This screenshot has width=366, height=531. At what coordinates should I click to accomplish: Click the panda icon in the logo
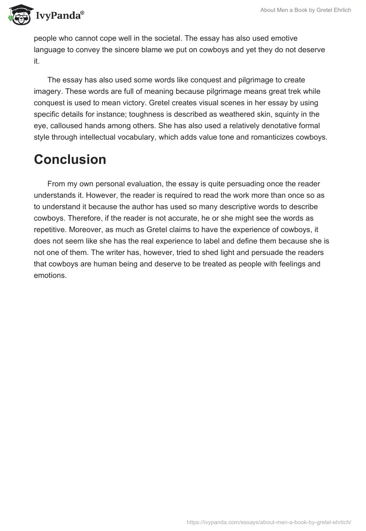tap(18, 14)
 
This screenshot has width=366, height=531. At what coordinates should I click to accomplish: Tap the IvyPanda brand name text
tap(59, 15)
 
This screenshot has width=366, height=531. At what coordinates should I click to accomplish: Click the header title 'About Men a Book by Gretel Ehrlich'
tap(306, 10)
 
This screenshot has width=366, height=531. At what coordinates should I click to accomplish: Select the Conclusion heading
tap(70, 159)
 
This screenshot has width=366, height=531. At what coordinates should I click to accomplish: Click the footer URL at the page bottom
tap(269, 522)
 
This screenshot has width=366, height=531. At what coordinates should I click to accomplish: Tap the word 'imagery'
tap(48, 92)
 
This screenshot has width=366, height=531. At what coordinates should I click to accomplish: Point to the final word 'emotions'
tap(50, 276)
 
